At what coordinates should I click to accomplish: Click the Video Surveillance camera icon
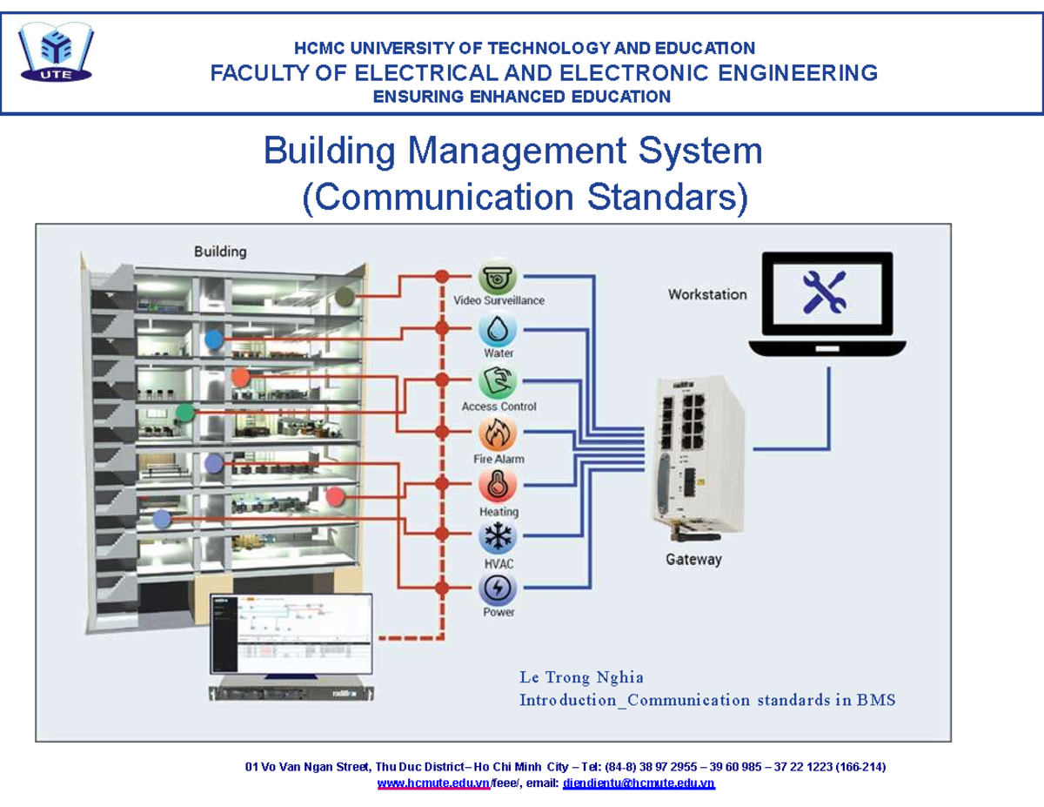click(x=499, y=279)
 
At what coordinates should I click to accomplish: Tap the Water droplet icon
click(x=499, y=331)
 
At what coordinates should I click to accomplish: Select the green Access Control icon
click(x=499, y=383)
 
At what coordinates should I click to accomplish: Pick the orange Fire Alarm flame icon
click(x=499, y=435)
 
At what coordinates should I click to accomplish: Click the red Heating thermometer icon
click(x=499, y=486)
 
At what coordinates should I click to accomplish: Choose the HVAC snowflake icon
click(x=499, y=538)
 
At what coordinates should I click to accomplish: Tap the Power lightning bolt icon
click(x=499, y=588)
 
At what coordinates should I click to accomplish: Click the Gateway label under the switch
click(x=693, y=560)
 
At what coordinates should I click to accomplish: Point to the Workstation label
click(x=707, y=294)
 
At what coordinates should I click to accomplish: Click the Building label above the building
click(x=220, y=252)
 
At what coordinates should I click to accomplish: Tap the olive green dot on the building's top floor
click(x=346, y=297)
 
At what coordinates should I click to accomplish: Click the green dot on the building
click(x=184, y=413)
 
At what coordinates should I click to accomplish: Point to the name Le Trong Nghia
click(x=581, y=677)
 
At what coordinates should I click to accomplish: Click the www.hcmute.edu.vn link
click(x=433, y=783)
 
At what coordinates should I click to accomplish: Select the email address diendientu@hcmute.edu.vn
click(x=639, y=783)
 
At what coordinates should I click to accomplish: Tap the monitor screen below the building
click(x=291, y=633)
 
